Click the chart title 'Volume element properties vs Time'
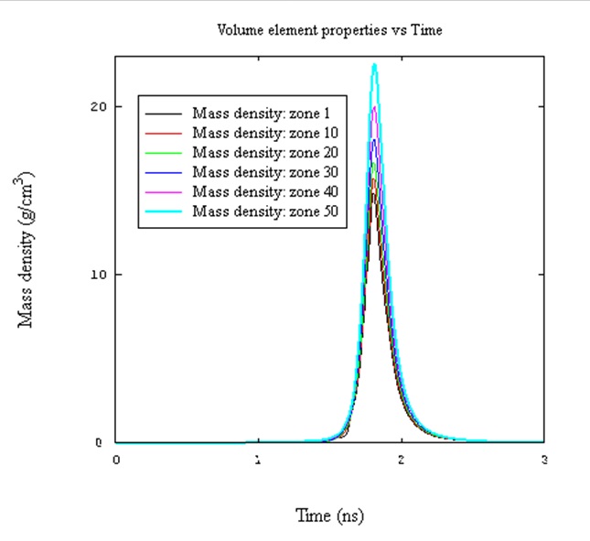click(x=329, y=30)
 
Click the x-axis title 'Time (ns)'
click(x=329, y=516)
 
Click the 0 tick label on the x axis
click(x=116, y=460)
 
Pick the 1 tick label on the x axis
click(x=259, y=460)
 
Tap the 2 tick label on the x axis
click(x=402, y=460)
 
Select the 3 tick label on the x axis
click(x=544, y=460)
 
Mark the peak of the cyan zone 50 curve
click(x=374, y=64)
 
